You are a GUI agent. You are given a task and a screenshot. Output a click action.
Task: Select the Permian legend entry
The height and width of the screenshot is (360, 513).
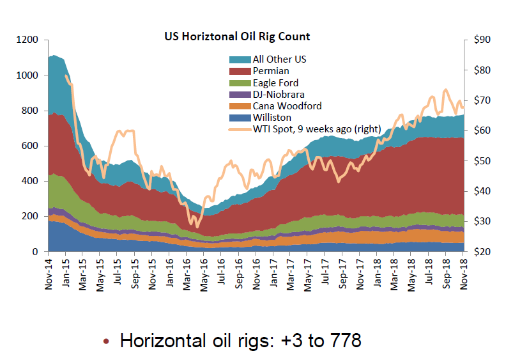click(271, 71)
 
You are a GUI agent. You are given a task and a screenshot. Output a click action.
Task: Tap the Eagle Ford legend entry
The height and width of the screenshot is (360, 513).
click(275, 82)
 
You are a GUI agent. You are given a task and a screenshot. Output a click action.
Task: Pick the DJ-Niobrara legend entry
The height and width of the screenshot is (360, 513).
click(279, 94)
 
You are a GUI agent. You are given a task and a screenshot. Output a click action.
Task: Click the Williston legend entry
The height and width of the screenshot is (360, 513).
click(272, 117)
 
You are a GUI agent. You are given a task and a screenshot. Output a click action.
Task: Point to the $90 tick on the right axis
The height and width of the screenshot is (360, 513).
click(481, 40)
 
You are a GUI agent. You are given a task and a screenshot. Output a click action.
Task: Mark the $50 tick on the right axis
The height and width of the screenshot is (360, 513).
click(481, 161)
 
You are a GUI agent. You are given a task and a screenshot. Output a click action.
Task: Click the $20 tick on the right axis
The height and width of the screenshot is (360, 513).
click(481, 252)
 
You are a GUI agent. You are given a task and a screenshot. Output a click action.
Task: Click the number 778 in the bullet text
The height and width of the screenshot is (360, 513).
click(344, 340)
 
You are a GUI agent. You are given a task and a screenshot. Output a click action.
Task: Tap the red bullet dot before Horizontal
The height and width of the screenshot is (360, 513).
click(107, 341)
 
